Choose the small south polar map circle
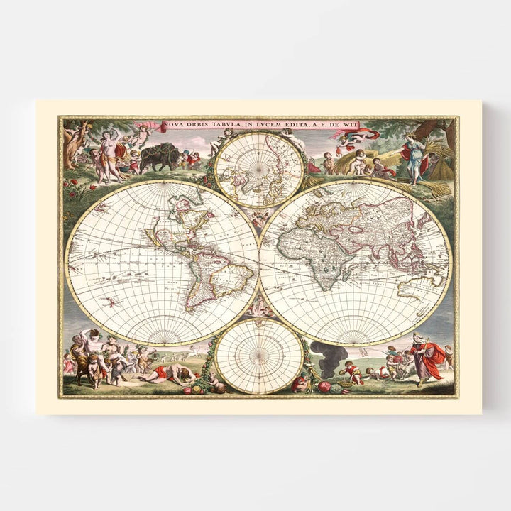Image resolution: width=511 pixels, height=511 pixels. [x=258, y=356]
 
